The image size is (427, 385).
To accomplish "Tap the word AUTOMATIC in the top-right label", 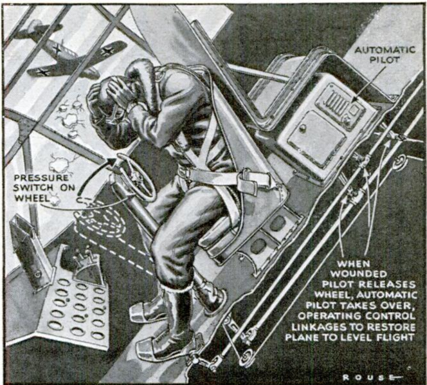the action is pyautogui.click(x=385, y=50).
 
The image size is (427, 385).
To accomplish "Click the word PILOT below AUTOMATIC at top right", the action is pyautogui.click(x=385, y=60).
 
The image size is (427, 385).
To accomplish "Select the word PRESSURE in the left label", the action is pyautogui.click(x=41, y=177).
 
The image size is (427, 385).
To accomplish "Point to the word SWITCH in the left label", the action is pyautogui.click(x=34, y=188).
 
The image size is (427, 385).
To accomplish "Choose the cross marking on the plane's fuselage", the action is pyautogui.click(x=57, y=49).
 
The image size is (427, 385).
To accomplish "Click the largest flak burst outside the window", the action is pyautogui.click(x=71, y=120).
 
